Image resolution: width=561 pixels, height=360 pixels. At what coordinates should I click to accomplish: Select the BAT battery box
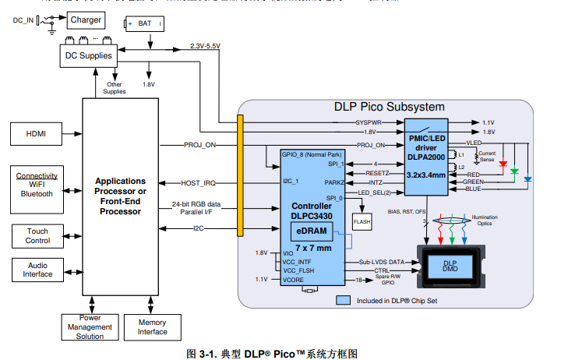coord(144,24)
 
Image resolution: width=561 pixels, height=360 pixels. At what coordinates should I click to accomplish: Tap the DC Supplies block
coord(88,55)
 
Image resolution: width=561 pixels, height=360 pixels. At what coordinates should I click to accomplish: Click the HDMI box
coord(36,134)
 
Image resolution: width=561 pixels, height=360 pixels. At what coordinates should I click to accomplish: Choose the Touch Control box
coord(37,235)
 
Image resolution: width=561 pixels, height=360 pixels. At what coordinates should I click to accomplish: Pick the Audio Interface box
coord(37,270)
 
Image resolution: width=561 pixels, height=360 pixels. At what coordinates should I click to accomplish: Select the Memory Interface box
coord(152,326)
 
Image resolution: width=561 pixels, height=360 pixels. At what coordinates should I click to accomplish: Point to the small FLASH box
coord(362,221)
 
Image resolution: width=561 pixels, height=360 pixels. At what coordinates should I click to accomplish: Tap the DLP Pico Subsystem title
coord(389,107)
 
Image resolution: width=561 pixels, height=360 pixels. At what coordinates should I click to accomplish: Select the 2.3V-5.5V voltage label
coord(205,47)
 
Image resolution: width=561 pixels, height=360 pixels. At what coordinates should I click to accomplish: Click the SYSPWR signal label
coord(369,122)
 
